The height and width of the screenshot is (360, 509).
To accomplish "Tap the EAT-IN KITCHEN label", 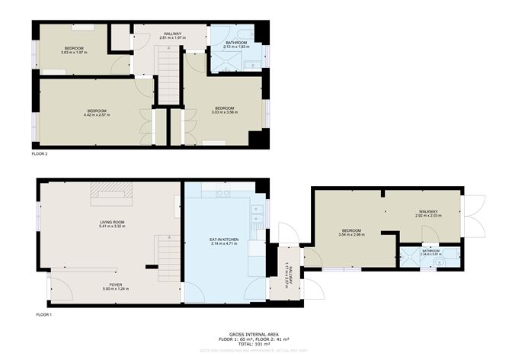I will point(224,239).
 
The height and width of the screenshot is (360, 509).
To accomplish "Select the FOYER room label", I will point(112,284).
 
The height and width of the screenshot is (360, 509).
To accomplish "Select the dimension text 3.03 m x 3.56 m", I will point(226,112).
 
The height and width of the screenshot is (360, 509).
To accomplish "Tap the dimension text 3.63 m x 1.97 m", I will point(74,53).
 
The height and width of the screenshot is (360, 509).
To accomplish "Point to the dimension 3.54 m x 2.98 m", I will point(351,234).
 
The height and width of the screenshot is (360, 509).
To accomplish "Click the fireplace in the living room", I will point(112,194).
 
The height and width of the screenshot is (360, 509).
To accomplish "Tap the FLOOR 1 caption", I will point(44,314).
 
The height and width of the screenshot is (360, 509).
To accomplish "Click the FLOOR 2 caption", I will point(40,154).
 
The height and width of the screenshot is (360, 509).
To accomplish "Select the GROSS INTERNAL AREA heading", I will point(254,333).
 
